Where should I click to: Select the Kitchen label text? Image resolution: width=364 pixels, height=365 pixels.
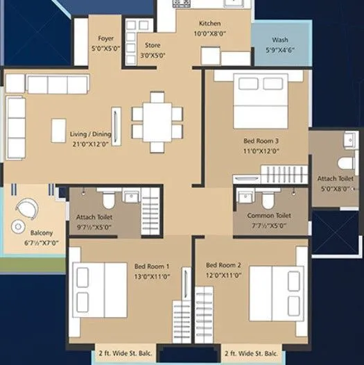(209, 23)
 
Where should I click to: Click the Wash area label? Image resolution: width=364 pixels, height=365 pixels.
(280, 40)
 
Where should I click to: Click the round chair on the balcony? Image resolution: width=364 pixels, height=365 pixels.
(28, 207)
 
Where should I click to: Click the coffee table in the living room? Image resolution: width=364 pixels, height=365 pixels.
(58, 130)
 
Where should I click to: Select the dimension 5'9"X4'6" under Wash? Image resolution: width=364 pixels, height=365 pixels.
(280, 50)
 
